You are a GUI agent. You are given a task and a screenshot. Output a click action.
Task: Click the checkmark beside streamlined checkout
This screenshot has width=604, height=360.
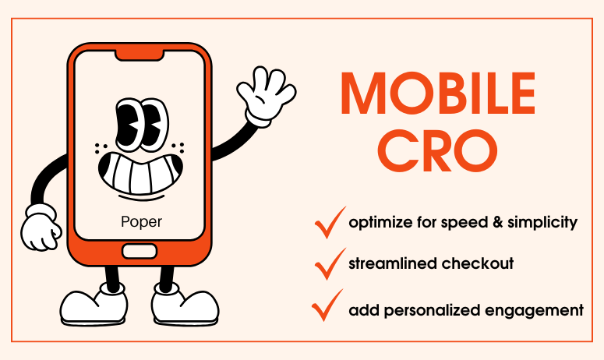pos(327,263)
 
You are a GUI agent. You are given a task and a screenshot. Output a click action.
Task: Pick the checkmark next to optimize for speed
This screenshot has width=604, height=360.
pos(327,222)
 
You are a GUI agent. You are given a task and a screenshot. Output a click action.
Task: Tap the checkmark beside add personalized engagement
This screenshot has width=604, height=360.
pos(327,305)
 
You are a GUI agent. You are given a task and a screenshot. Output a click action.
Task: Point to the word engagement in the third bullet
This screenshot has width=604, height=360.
pos(542,310)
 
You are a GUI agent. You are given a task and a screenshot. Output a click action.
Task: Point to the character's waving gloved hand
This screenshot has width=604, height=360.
pos(261,94)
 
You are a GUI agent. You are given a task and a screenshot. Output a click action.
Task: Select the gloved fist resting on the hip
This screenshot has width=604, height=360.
pos(41,228)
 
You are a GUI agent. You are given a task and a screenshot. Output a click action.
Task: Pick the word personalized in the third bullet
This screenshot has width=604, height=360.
pos(437,310)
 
